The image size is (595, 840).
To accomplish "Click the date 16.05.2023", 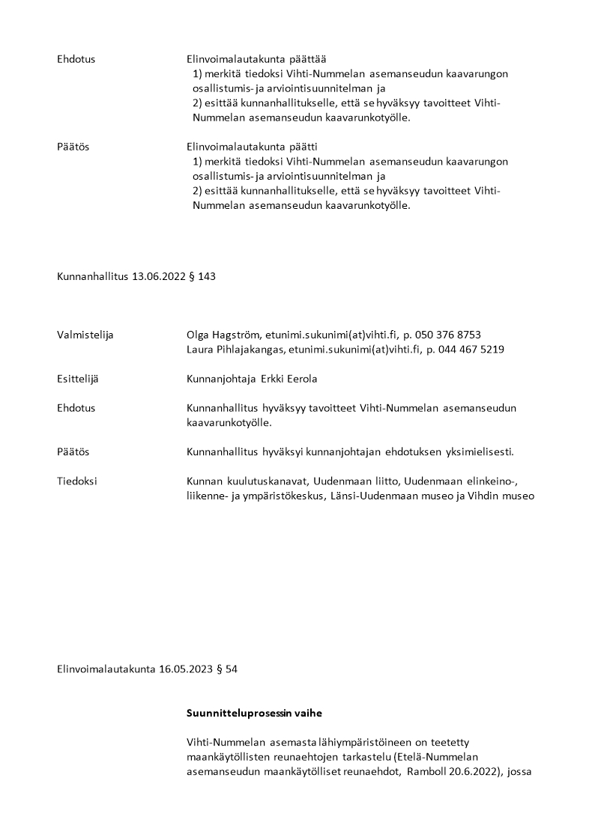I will pos(187,669).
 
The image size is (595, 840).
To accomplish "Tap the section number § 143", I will pos(205,276).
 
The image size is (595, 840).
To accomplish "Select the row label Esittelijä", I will pos(78,379).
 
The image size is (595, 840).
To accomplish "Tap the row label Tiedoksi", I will pos(77,481).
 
